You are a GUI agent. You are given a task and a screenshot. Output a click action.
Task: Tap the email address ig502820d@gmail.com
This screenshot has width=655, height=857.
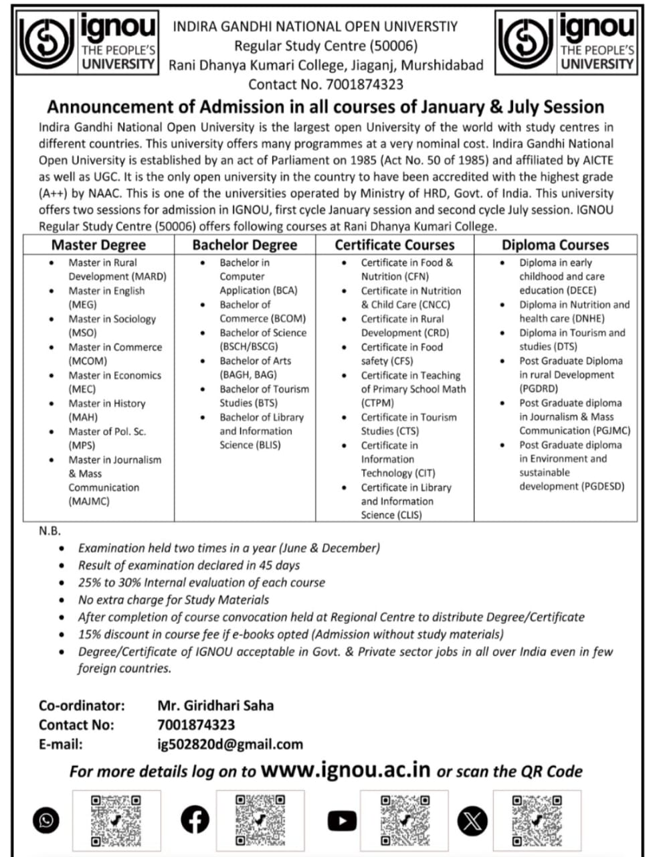230,744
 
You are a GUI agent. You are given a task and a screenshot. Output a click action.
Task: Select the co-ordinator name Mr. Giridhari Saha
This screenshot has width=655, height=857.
215,705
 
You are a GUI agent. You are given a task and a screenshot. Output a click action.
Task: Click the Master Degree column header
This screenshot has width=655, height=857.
98,245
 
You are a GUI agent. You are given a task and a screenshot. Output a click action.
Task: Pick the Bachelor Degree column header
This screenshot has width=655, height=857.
244,245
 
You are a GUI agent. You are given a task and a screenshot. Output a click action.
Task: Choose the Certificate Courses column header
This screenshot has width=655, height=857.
395,245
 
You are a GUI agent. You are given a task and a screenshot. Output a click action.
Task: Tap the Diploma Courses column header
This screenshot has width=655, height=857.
555,245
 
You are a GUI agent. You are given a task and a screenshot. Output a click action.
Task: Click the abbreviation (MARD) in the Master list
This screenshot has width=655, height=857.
149,277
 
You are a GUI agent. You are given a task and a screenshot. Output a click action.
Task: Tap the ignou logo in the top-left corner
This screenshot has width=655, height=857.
89,42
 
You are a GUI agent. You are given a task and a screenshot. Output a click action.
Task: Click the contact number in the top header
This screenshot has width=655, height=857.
364,84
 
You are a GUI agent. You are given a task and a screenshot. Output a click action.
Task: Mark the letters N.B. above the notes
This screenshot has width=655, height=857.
50,531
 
